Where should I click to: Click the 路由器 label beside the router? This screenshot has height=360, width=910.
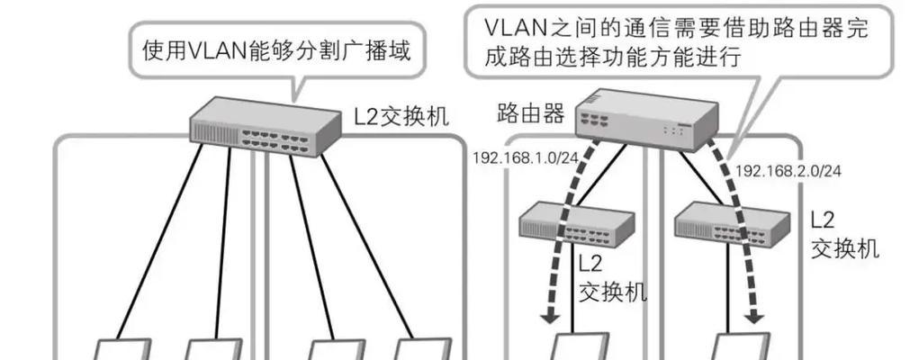click(x=531, y=114)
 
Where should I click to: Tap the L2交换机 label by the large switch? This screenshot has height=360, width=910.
click(x=400, y=118)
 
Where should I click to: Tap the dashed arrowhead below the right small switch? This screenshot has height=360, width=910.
click(x=756, y=318)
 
